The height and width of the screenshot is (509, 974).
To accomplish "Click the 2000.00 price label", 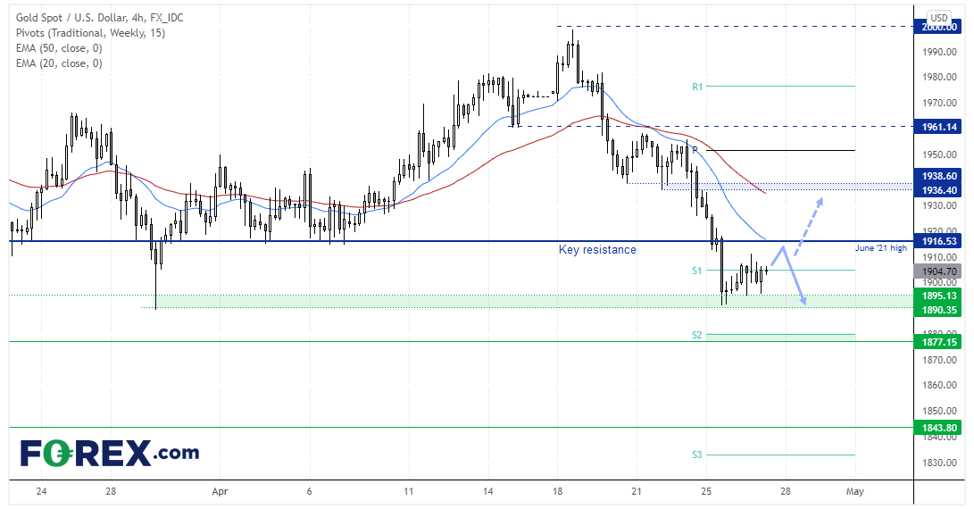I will pyautogui.click(x=939, y=27).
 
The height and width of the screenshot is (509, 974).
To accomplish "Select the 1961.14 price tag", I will pyautogui.click(x=939, y=127).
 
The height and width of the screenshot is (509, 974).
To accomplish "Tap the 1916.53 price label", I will pyautogui.click(x=939, y=241).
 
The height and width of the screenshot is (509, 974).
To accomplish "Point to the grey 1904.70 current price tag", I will pyautogui.click(x=939, y=271).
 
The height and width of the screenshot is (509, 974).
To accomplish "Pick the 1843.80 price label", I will pyautogui.click(x=939, y=428).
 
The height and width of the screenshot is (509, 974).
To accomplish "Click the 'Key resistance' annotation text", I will pyautogui.click(x=597, y=250).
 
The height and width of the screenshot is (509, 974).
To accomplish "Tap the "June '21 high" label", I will pyautogui.click(x=881, y=249).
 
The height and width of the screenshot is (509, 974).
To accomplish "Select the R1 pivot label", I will pyautogui.click(x=697, y=87).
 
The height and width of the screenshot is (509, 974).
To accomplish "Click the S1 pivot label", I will pyautogui.click(x=697, y=270).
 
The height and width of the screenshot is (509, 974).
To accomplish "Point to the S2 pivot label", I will pyautogui.click(x=697, y=335).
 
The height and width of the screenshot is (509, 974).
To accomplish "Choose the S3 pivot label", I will pyautogui.click(x=697, y=455).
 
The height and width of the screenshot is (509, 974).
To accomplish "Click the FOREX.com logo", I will pyautogui.click(x=110, y=452).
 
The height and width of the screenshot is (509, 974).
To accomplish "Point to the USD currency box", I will pyautogui.click(x=939, y=18).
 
